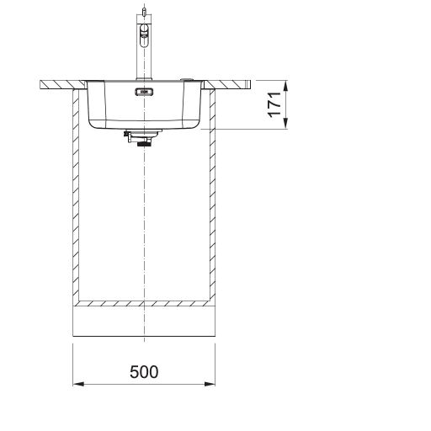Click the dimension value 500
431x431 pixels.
(144, 371)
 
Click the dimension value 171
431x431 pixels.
(274, 104)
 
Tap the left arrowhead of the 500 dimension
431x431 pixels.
(78, 384)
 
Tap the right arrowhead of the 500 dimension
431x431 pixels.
(210, 384)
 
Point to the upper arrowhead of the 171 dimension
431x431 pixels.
(285, 86)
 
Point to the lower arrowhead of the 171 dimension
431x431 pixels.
(285, 124)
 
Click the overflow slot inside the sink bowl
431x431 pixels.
(144, 92)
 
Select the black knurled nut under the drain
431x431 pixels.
(144, 144)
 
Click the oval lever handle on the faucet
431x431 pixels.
(144, 36)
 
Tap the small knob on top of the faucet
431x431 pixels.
(144, 12)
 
